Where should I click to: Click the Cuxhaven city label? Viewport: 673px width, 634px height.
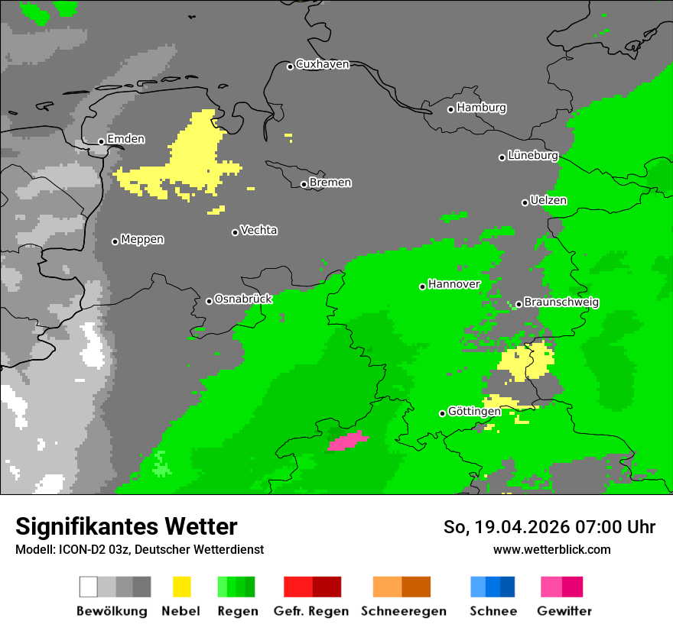pos(322,64)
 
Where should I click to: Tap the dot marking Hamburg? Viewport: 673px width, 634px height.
pos(450,109)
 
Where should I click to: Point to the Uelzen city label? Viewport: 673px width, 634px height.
pos(548,200)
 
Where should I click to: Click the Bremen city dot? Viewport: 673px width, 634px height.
pos(304,184)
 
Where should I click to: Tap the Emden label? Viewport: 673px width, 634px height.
pos(125,139)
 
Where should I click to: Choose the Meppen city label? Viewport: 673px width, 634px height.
pos(142,239)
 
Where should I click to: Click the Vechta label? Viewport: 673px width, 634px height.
pos(258,230)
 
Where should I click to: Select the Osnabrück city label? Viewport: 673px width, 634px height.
pos(243,299)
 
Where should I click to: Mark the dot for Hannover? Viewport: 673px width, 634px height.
pos(422,286)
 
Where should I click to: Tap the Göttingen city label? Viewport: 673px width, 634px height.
pos(474,411)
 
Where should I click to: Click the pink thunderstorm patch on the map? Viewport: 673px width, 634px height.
pos(348,441)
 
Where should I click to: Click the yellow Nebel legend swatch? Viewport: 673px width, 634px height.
pos(181,587)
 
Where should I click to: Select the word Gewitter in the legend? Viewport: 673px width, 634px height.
pos(564,611)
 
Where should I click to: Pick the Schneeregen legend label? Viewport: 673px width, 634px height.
pos(404,611)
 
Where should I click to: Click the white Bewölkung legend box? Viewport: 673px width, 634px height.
pos(89,587)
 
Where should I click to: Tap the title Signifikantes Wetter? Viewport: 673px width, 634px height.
pos(126,526)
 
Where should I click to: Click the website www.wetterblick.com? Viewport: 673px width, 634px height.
pos(551,549)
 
